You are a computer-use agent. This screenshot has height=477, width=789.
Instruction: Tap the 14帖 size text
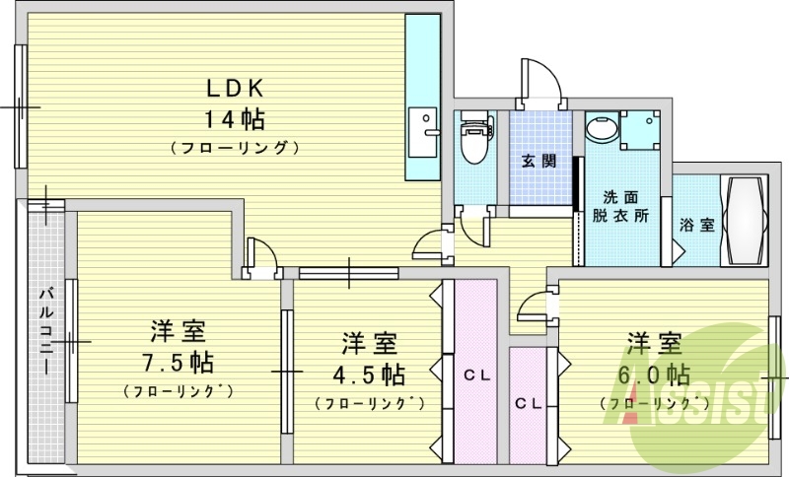coord(234,120)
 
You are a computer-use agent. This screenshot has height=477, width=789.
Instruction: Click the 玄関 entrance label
coord(538,162)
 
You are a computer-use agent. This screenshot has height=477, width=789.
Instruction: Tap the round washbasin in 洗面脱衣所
coord(600,129)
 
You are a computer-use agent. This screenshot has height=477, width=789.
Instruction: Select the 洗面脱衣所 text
coord(621,206)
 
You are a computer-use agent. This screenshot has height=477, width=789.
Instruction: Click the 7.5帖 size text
coord(179,361)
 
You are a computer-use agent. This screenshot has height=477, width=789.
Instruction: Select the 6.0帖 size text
coord(655,375)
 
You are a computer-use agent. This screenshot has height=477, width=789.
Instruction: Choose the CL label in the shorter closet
coord(530,403)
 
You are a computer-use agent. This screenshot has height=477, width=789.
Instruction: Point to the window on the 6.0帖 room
coord(774,376)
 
